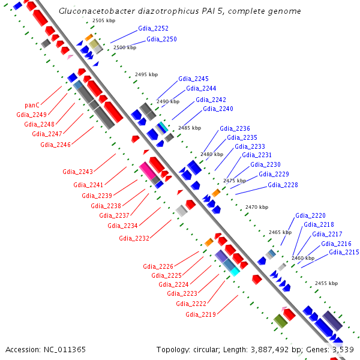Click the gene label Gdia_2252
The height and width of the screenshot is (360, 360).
click(x=153, y=28)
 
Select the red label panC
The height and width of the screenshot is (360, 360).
click(x=32, y=105)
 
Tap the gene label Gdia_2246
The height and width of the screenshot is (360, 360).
click(x=55, y=145)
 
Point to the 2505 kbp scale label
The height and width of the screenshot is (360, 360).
click(x=104, y=20)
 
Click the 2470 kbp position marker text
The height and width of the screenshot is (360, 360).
click(x=257, y=207)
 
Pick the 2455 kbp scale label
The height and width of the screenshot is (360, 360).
click(x=326, y=283)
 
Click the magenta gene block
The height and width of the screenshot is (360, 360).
click(x=148, y=170)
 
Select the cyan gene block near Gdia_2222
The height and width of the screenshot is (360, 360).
click(x=235, y=272)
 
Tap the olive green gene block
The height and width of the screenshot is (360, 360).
click(x=281, y=321)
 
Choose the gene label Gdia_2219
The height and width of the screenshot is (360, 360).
click(x=200, y=314)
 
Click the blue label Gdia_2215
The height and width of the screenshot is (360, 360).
click(x=344, y=253)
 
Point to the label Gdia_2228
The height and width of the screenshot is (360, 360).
click(x=283, y=185)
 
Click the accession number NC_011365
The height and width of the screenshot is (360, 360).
click(x=65, y=350)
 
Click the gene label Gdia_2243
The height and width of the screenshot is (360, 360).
click(x=77, y=172)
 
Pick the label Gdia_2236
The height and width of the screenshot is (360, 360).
click(x=235, y=128)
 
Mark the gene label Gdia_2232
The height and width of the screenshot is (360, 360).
click(x=134, y=238)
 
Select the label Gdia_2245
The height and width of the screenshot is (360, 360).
click(x=193, y=79)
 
